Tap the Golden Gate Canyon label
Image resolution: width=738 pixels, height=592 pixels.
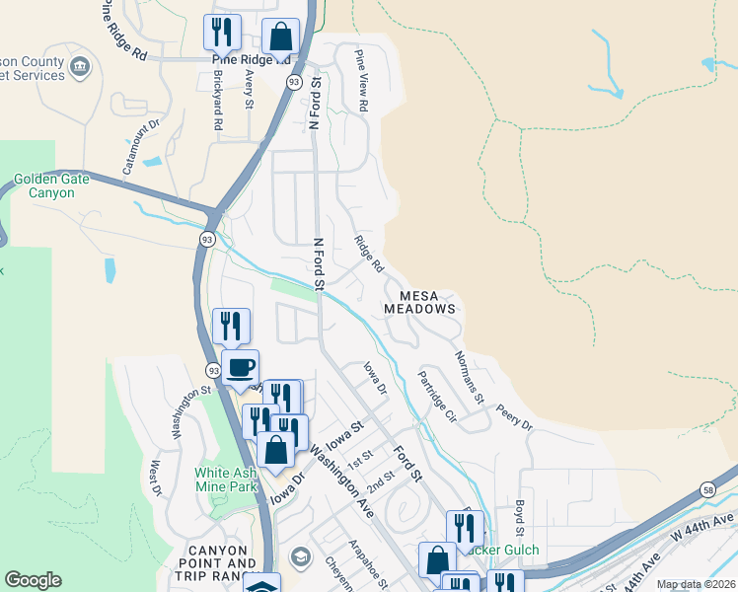tap(51, 185)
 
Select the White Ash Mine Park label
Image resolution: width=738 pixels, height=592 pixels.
tap(227, 480)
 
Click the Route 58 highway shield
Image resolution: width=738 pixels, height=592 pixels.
tap(708, 490)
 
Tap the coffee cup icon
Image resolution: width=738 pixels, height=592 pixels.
tap(240, 368)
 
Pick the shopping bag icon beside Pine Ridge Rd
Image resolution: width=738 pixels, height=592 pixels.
tap(280, 37)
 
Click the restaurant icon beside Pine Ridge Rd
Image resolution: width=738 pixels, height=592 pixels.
tap(222, 32)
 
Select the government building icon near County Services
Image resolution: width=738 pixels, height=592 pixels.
tap(80, 67)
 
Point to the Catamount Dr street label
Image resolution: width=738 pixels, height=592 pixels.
tap(141, 147)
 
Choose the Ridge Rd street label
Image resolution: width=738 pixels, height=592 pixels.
tap(369, 253)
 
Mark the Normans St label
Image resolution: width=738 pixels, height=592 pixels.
tap(468, 377)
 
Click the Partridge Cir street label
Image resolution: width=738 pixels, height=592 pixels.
tap(436, 397)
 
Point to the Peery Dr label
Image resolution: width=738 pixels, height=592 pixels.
tap(514, 417)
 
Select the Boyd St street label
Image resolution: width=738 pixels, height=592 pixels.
tap(519, 518)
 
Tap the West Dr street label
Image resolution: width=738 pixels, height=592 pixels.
tap(155, 477)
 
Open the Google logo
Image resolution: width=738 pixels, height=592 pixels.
tap(33, 580)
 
